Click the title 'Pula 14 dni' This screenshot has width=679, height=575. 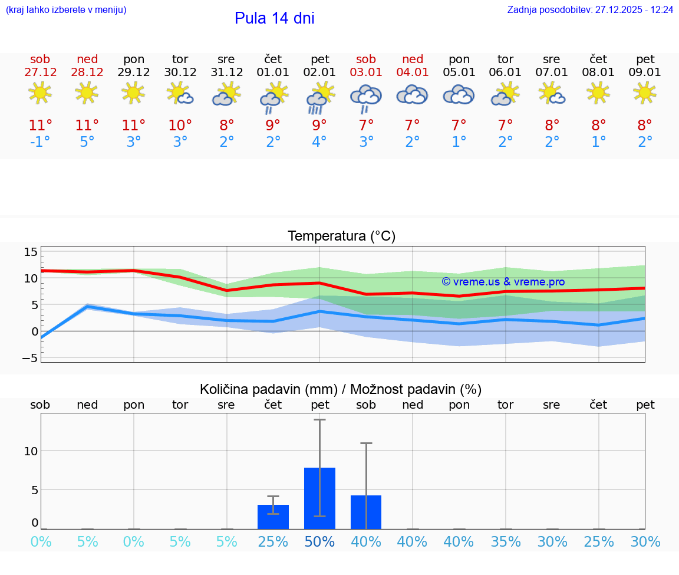(x=274, y=18)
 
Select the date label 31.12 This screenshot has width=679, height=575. (x=226, y=73)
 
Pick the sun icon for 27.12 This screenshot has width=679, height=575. (x=40, y=93)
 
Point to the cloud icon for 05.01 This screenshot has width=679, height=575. (x=459, y=94)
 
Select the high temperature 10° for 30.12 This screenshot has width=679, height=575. (x=180, y=125)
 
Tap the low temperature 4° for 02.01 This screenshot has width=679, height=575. (x=319, y=142)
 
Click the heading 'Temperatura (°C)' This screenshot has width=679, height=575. (x=341, y=236)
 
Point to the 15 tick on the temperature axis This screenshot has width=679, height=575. (x=31, y=252)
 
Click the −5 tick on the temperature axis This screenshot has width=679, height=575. (x=29, y=358)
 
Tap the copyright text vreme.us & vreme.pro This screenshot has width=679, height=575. (x=503, y=282)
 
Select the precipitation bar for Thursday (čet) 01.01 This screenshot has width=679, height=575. (x=273, y=517)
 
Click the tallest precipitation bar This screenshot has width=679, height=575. (x=319, y=498)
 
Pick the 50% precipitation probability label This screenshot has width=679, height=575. (x=319, y=542)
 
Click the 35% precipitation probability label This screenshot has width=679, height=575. (x=506, y=542)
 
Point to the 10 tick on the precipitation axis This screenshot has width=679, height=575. (x=31, y=451)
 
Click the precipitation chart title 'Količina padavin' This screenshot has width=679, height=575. (x=267, y=389)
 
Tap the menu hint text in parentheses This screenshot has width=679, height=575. (x=66, y=10)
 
